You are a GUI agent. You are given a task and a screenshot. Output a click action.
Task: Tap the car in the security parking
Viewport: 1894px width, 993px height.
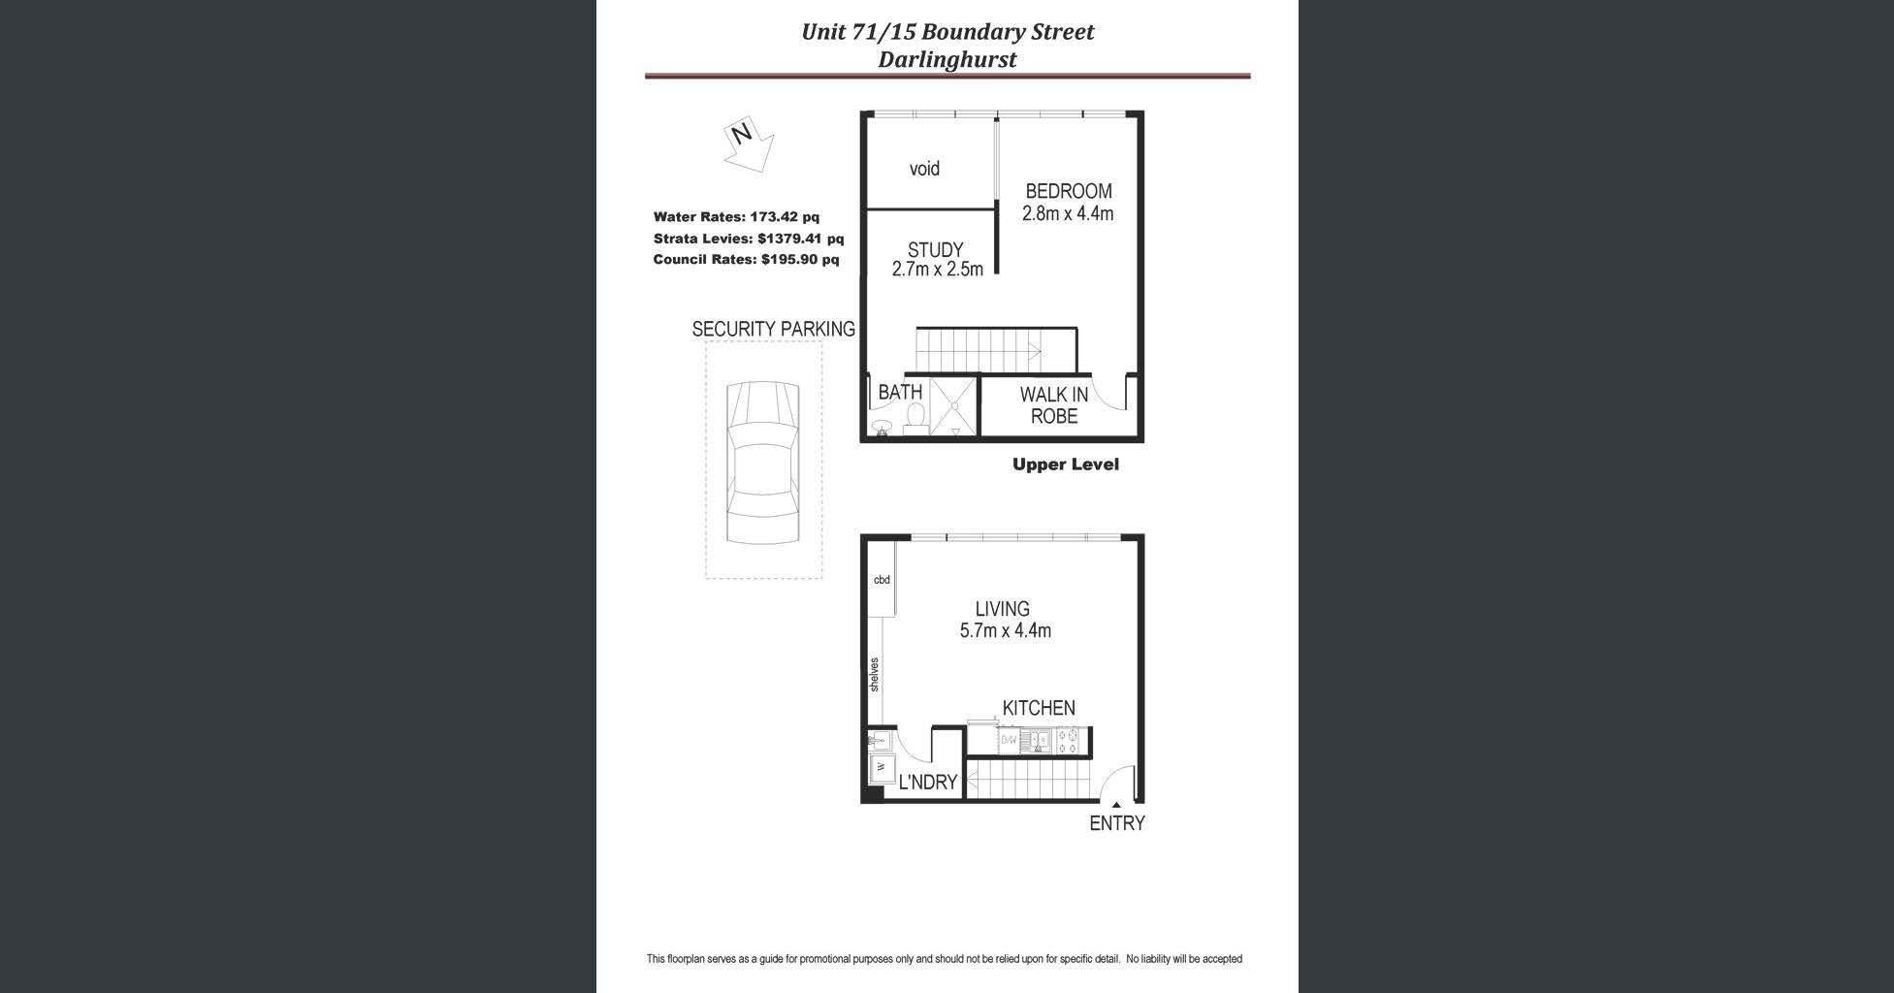[x=763, y=463]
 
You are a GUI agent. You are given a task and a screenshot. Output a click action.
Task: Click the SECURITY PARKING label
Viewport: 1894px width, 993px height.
[x=773, y=330]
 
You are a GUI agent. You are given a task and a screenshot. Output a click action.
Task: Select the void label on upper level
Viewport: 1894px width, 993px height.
[x=924, y=169]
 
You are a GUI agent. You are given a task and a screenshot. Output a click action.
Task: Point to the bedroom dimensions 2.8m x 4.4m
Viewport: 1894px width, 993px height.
[x=1068, y=213]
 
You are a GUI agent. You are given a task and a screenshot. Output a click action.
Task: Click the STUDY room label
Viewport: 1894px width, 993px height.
[x=935, y=250]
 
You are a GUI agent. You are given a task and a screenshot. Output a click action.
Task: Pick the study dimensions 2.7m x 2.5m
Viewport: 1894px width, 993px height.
[x=937, y=270]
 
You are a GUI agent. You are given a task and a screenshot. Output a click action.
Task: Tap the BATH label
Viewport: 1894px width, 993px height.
[x=900, y=393]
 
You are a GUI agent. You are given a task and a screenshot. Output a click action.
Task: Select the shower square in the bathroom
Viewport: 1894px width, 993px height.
[x=954, y=407]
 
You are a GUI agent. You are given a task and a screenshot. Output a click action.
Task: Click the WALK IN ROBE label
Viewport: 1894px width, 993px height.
[x=1054, y=405]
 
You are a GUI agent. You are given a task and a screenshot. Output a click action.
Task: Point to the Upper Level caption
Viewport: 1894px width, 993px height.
[x=1065, y=464]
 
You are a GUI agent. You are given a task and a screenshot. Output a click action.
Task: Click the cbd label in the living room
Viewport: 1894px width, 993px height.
[x=882, y=580]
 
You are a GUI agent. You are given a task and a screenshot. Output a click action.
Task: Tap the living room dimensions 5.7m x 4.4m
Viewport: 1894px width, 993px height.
[x=1005, y=631]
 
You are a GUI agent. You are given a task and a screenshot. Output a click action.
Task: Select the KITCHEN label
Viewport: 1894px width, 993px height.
[x=1039, y=709]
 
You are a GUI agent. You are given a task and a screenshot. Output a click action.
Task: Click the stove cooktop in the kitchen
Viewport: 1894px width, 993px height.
[x=1069, y=742]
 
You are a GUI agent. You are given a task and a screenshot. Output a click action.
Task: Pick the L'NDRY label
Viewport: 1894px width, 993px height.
[x=927, y=783]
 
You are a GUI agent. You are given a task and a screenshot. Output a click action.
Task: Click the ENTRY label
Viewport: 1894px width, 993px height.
[x=1117, y=823]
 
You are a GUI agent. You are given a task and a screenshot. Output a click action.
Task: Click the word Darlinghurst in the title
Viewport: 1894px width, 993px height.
[x=947, y=59]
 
